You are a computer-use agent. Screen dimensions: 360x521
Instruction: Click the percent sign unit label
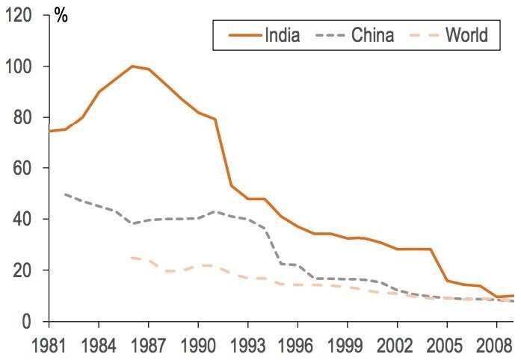pyautogui.click(x=61, y=16)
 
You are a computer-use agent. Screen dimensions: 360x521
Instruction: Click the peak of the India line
pyautogui.click(x=132, y=66)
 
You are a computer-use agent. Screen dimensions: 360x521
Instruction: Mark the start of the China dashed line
pyautogui.click(x=66, y=194)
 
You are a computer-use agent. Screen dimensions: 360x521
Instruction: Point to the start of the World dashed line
pyautogui.click(x=132, y=258)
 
